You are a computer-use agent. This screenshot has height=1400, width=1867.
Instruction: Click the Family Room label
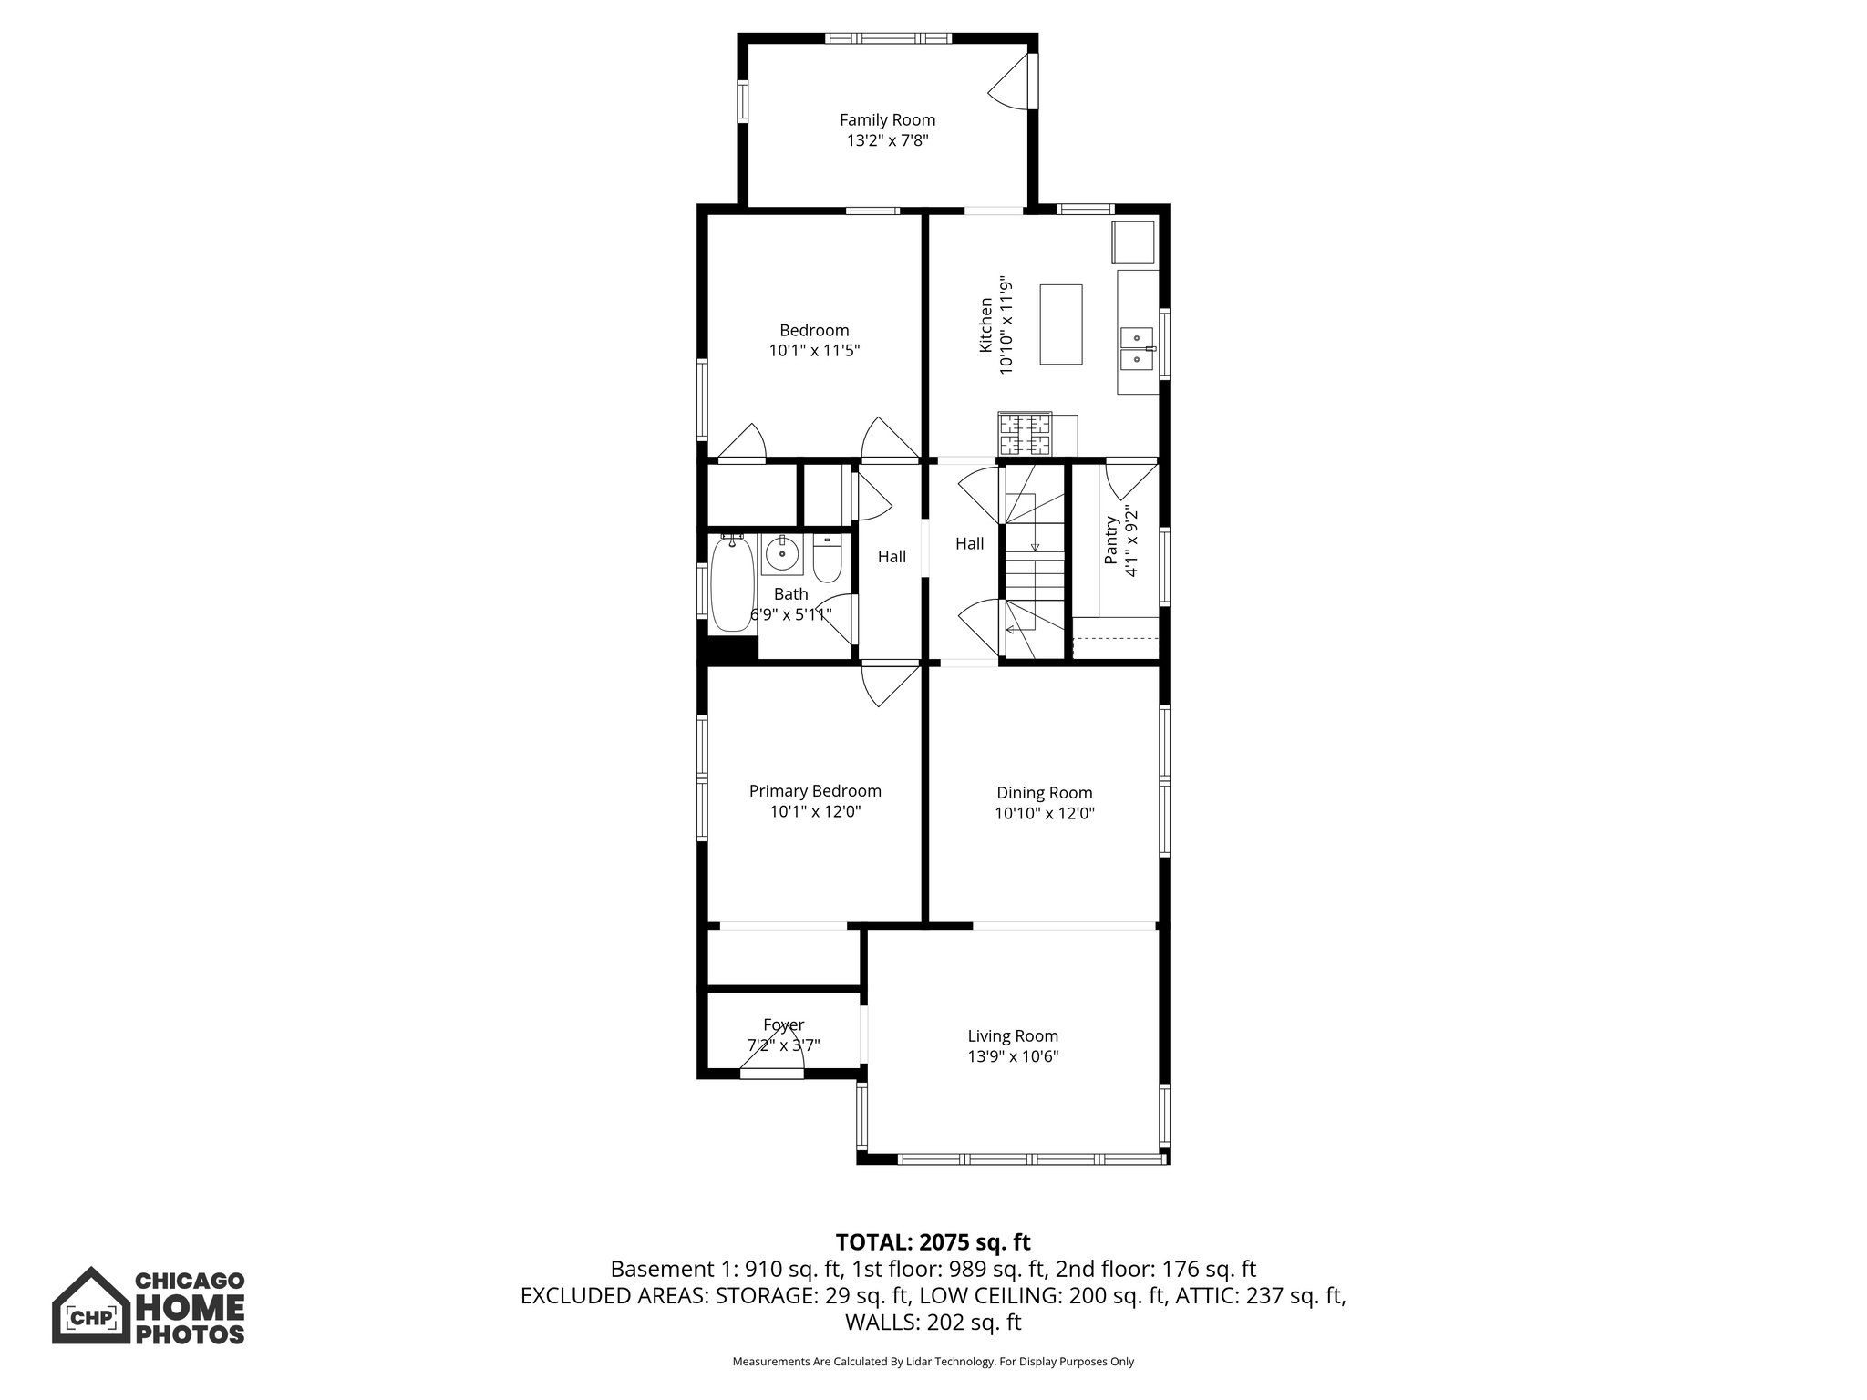click(887, 119)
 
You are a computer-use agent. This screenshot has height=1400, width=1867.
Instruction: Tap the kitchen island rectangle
click(1060, 324)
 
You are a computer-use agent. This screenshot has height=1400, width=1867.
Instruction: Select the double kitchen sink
click(1138, 348)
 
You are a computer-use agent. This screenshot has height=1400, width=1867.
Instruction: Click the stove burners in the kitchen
click(1025, 435)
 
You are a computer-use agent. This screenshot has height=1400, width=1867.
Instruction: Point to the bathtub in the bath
click(731, 583)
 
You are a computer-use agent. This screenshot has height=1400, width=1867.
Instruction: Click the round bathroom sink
click(782, 552)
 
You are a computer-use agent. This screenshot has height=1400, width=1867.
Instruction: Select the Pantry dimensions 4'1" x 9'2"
click(1132, 540)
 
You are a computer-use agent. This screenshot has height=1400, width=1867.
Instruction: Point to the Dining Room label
click(1044, 793)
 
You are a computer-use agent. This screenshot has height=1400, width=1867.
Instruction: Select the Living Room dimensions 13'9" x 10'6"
click(1013, 1057)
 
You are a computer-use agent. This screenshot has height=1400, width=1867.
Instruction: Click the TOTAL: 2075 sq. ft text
click(933, 1242)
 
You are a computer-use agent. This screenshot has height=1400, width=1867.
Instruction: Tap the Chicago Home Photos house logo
click(89, 1305)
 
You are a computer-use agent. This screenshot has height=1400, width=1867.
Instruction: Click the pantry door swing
click(1131, 481)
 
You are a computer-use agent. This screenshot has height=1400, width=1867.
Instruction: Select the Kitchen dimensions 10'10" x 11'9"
click(1006, 324)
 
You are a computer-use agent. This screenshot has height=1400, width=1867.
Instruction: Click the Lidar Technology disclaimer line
click(933, 1362)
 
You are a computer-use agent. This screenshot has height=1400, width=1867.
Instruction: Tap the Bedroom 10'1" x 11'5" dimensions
click(814, 350)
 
